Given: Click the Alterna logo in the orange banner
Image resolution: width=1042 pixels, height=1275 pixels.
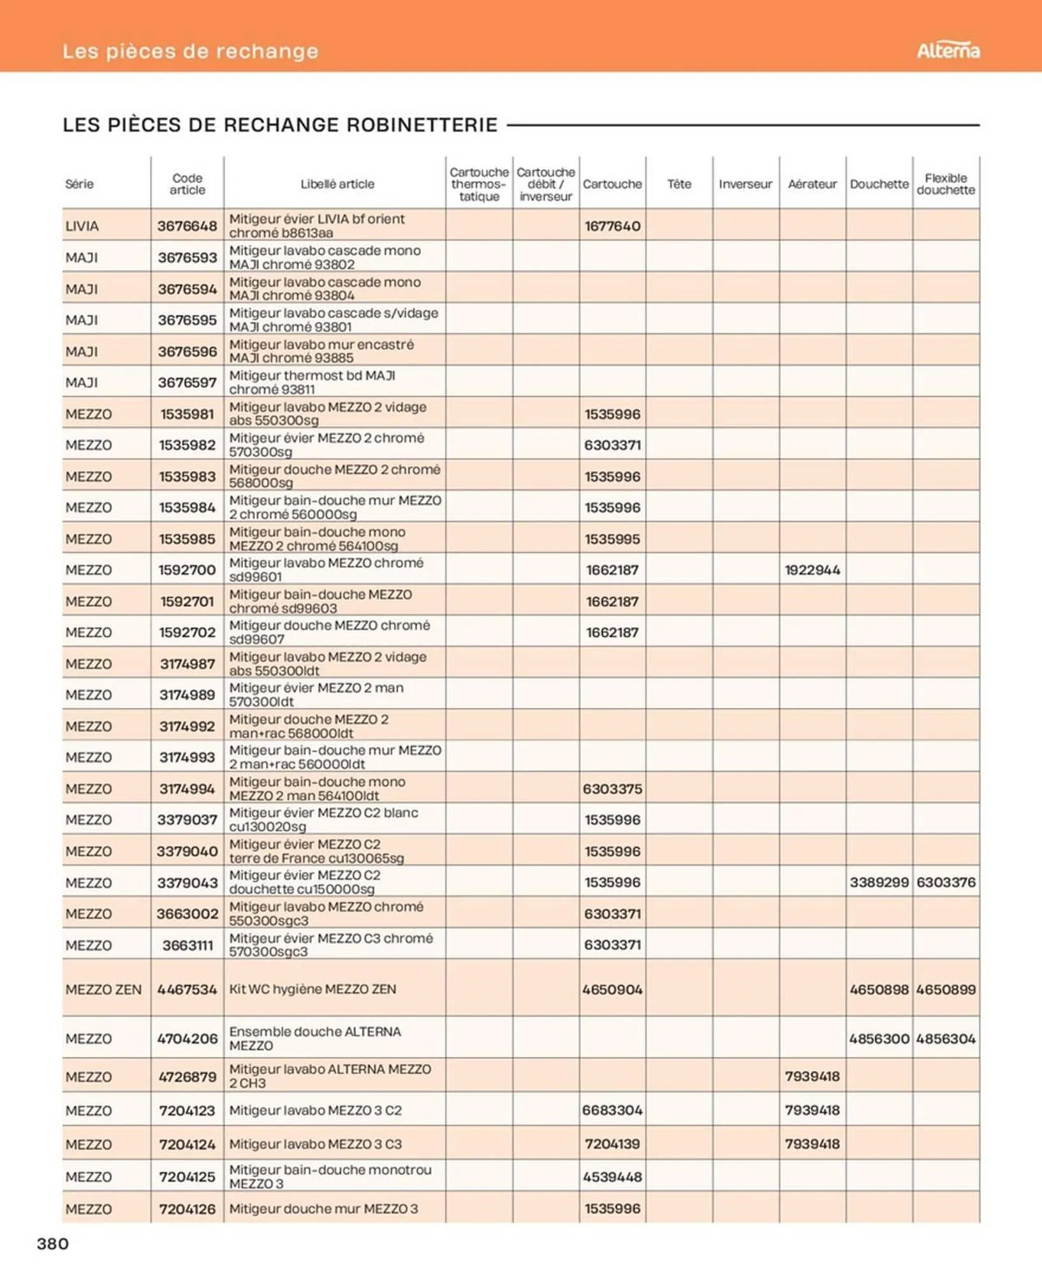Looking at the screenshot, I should click(x=948, y=50).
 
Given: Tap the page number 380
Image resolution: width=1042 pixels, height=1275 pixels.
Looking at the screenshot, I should click(x=53, y=1242).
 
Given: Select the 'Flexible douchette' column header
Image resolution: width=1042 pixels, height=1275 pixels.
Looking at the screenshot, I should click(x=945, y=184).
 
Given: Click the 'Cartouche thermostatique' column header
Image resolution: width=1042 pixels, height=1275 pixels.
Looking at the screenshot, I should click(x=478, y=184).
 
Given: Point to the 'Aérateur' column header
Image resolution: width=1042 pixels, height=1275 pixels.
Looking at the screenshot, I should click(x=812, y=184).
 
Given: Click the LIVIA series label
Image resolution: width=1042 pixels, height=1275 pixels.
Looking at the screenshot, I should click(x=82, y=226).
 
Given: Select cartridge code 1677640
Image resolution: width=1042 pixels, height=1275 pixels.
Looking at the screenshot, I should click(x=612, y=226).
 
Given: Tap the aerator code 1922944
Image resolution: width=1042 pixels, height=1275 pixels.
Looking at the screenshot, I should click(x=812, y=569).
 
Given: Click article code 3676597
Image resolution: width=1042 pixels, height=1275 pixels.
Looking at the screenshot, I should click(x=187, y=382).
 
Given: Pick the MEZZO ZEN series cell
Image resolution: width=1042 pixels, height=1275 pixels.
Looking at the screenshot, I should click(x=103, y=989).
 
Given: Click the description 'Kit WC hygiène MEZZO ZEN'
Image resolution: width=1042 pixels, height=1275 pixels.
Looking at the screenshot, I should click(x=312, y=989).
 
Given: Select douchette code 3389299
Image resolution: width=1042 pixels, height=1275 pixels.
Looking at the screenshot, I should click(x=879, y=882).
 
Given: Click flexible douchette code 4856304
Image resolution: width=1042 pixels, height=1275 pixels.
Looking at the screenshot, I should click(x=945, y=1038).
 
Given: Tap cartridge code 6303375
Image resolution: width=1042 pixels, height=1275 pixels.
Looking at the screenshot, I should click(x=612, y=788).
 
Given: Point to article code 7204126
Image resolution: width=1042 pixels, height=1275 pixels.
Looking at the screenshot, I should click(x=187, y=1208).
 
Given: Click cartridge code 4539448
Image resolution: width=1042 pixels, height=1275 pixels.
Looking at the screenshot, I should click(x=612, y=1176).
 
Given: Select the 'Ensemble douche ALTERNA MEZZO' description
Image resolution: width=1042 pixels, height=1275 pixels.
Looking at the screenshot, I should click(x=315, y=1038).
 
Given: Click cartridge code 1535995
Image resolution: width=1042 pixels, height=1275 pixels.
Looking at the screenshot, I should click(x=612, y=538).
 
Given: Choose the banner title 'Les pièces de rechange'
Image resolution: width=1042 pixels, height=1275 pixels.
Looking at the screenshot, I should click(x=190, y=51).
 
